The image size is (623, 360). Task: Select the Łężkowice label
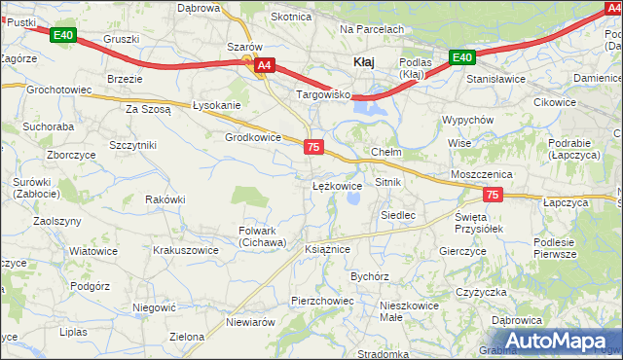point(337,184)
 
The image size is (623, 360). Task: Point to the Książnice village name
point(327,249)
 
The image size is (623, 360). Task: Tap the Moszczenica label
point(481,173)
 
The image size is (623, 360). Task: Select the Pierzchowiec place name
point(322,301)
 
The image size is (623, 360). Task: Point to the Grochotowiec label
point(59,90)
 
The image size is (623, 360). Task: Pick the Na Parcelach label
point(371,30)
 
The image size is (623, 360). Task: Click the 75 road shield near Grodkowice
point(313,147)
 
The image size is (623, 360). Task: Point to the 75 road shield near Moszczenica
point(493,196)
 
